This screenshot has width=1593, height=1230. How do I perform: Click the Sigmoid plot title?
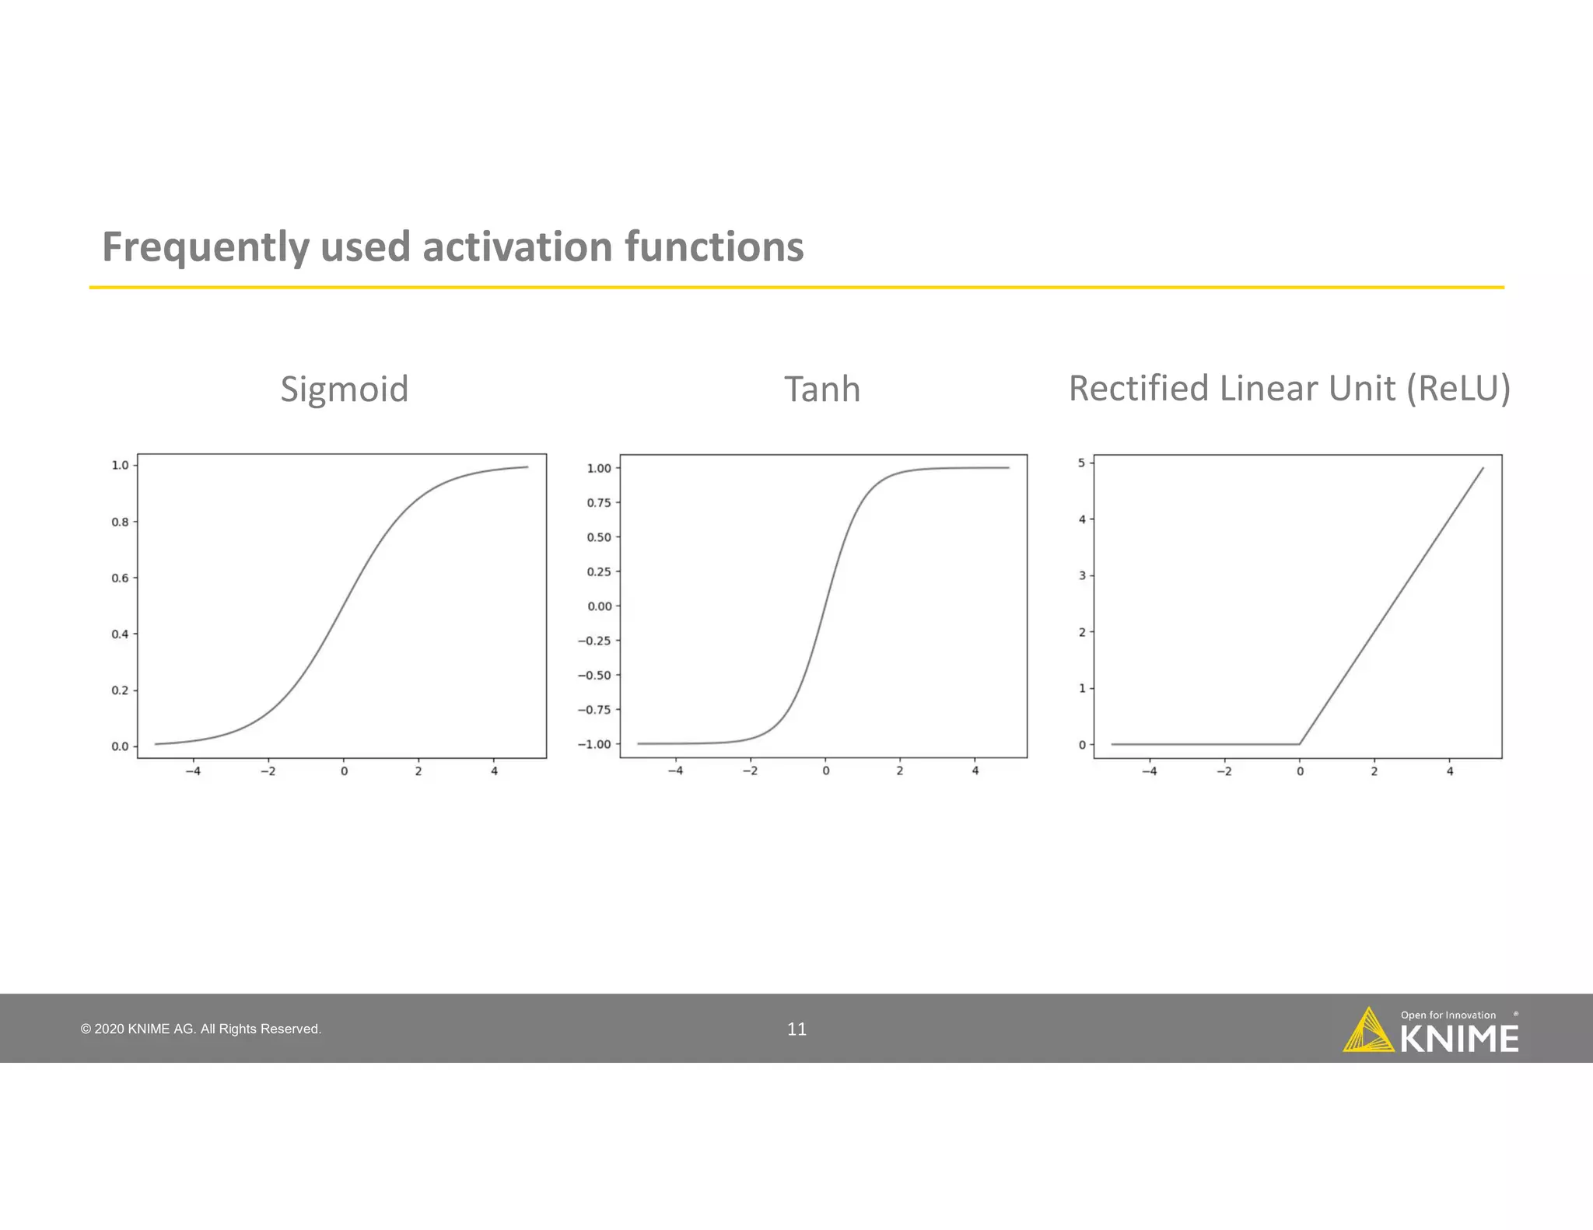pyautogui.click(x=344, y=390)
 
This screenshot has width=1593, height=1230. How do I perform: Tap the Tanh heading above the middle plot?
pyautogui.click(x=821, y=390)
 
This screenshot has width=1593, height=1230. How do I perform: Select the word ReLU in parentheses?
pyautogui.click(x=1458, y=389)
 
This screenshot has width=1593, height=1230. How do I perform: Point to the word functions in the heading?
pyautogui.click(x=713, y=247)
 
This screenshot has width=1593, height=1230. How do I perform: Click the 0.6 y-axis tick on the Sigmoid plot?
pyautogui.click(x=120, y=578)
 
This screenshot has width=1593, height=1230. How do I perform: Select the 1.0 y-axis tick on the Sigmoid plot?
pyautogui.click(x=120, y=465)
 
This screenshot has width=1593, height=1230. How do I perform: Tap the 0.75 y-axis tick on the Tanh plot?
pyautogui.click(x=598, y=502)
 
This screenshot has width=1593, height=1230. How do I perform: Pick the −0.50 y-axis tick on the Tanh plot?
pyautogui.click(x=594, y=675)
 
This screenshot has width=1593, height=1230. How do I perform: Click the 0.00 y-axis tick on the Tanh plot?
pyautogui.click(x=599, y=606)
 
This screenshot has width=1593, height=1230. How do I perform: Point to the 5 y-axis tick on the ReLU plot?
pyautogui.click(x=1081, y=463)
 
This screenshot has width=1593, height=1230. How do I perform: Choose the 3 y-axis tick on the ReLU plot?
pyautogui.click(x=1081, y=575)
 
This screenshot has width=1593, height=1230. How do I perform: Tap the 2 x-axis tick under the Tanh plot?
pyautogui.click(x=900, y=771)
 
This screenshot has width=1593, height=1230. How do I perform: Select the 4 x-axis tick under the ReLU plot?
pyautogui.click(x=1449, y=771)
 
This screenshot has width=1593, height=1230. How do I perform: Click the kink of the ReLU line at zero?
pyautogui.click(x=1299, y=744)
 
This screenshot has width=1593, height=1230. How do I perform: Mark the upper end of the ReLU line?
pyautogui.click(x=1483, y=469)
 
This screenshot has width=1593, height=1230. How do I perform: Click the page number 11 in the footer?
pyautogui.click(x=796, y=1029)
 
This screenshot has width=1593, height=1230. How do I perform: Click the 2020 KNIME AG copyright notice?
pyautogui.click(x=201, y=1029)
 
